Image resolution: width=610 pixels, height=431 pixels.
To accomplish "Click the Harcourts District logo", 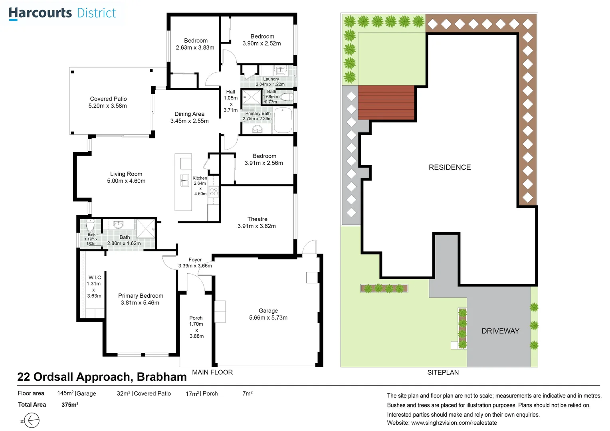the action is click(62, 13).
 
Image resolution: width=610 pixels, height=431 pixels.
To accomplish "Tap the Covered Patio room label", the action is click(108, 99).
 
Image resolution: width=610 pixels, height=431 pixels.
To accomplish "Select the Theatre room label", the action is click(257, 219).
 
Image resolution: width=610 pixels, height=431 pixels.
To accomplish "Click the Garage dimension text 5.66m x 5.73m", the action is click(268, 318).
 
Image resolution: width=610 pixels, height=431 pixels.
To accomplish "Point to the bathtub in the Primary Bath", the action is click(283, 121).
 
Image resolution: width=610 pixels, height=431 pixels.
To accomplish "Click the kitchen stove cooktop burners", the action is click(214, 192).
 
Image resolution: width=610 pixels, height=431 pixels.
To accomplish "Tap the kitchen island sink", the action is click(185, 180).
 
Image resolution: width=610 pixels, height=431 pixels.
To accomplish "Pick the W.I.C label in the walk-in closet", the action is click(95, 277).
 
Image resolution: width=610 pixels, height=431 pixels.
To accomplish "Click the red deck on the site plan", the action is click(386, 103).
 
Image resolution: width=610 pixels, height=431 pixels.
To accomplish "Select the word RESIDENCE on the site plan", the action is click(450, 167).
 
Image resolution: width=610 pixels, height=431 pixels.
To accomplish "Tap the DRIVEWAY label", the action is click(500, 331).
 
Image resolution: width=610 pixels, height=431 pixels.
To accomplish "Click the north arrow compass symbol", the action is click(32, 420).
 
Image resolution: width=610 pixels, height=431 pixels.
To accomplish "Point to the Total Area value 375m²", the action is click(70, 405).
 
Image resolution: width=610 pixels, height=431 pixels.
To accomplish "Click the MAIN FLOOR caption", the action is click(212, 372).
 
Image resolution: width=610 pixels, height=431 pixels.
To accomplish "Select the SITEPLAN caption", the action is click(443, 372).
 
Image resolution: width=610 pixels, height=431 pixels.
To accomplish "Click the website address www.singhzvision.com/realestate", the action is click(454, 423).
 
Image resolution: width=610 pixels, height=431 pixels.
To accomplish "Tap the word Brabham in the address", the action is click(162, 377).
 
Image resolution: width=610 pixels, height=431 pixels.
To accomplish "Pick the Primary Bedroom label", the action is click(141, 296).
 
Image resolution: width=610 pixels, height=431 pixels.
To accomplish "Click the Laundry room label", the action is click(271, 79).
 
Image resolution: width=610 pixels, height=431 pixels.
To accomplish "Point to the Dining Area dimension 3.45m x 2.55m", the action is click(190, 121).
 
